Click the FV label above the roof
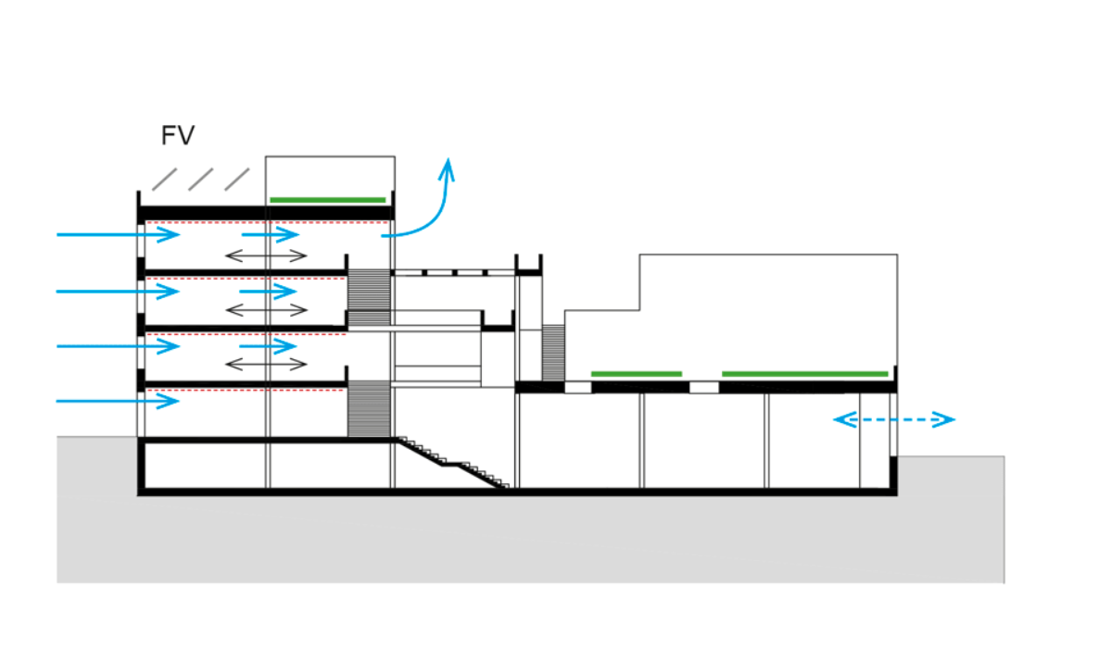178,135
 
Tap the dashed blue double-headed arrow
894,419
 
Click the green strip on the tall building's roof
328,200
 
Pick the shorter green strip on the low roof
637,374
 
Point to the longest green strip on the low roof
804,374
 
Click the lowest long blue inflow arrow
118,401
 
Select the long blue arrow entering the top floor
119,234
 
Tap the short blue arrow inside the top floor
271,234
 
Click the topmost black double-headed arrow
266,255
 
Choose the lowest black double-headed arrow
266,365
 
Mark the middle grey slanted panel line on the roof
200,180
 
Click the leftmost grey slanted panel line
164,180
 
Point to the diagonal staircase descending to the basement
453,463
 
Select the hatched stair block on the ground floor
369,408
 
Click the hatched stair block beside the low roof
553,353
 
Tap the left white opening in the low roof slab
578,387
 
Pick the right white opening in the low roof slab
704,387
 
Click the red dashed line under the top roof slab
267,222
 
